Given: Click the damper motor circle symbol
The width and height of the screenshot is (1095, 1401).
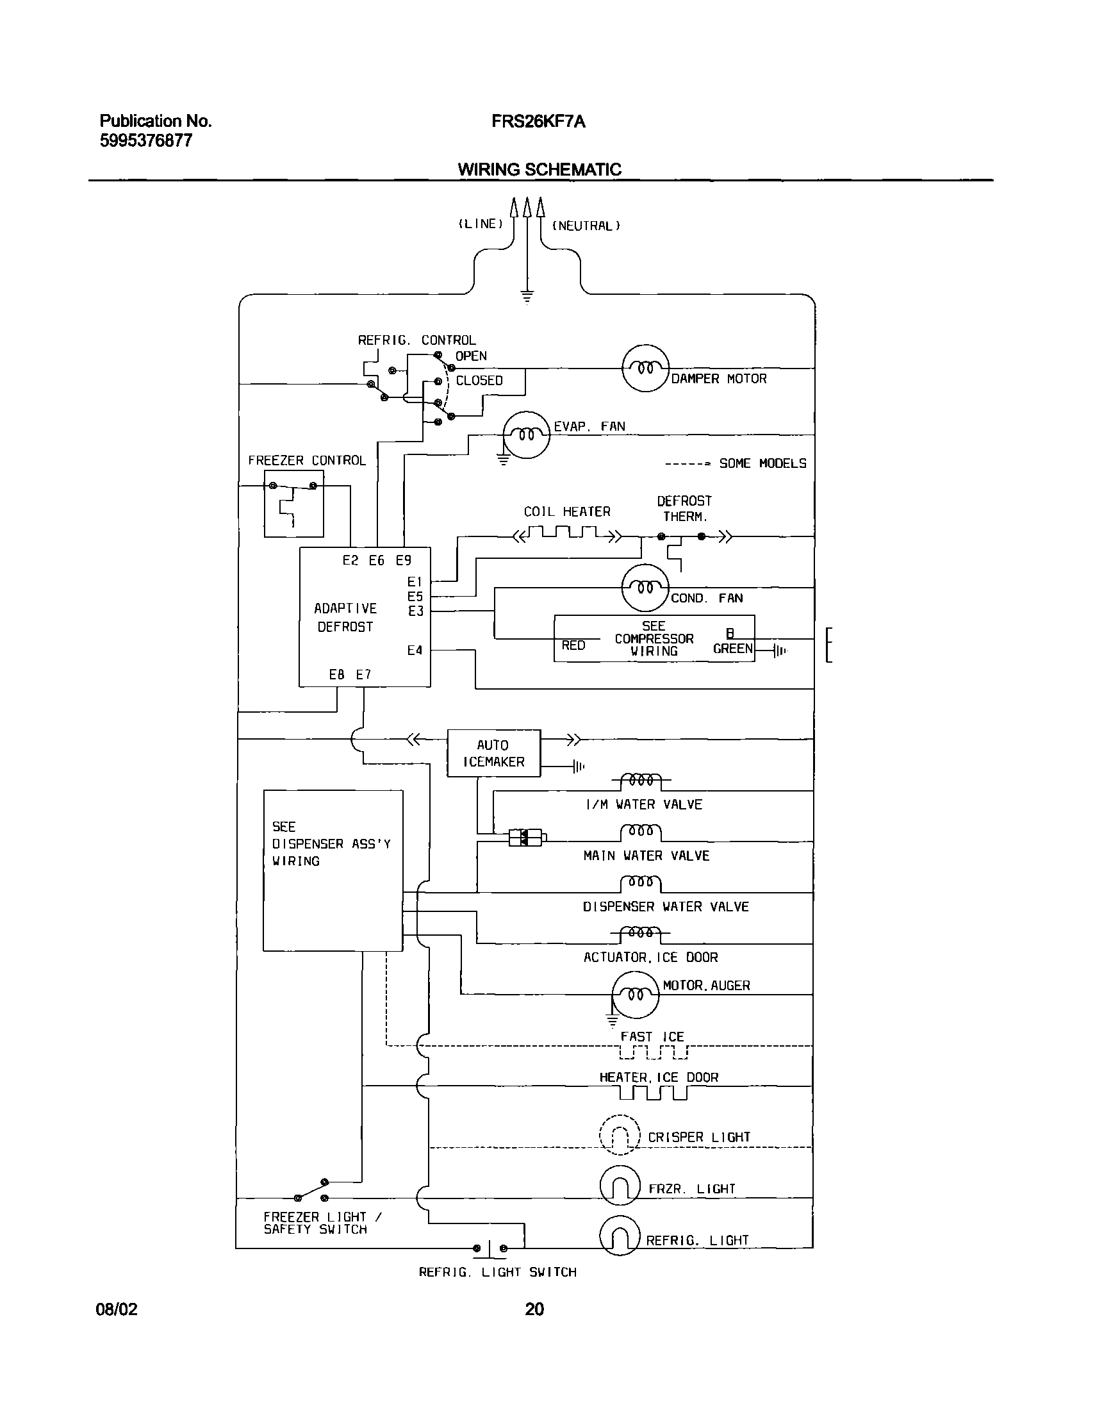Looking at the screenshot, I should (x=645, y=369).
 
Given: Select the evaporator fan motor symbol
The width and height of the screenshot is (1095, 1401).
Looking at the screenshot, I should (x=526, y=435).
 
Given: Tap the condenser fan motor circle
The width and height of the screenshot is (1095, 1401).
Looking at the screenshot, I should (x=645, y=588).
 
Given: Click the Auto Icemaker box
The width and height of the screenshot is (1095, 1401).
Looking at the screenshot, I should (x=493, y=753).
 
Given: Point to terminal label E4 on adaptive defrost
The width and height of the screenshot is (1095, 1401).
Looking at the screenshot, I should (x=415, y=651).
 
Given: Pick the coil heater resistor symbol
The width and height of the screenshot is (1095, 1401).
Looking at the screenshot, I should (x=567, y=534).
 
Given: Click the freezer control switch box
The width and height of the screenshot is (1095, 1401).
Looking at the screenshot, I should (x=294, y=504).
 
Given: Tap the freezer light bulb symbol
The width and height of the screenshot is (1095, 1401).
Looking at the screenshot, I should (x=620, y=1186).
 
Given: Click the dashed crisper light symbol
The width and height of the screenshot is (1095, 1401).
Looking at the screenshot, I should (x=620, y=1135).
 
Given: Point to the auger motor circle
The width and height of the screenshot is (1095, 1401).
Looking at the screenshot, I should (x=635, y=994).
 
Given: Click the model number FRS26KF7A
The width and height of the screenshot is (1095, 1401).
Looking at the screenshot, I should (x=538, y=122).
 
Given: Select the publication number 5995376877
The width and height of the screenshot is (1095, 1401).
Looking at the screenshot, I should (x=146, y=141).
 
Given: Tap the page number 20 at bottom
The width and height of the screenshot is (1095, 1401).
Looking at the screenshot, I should (x=534, y=1309).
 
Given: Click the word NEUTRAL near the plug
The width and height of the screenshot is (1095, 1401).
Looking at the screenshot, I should (x=586, y=226).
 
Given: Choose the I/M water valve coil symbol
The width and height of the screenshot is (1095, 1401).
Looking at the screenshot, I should (x=641, y=781).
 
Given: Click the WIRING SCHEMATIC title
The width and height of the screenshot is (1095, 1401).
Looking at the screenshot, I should (x=539, y=170).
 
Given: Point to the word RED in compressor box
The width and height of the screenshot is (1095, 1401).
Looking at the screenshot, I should (x=573, y=645).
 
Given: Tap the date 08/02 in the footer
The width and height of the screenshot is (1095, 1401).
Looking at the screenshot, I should (x=117, y=1309).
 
